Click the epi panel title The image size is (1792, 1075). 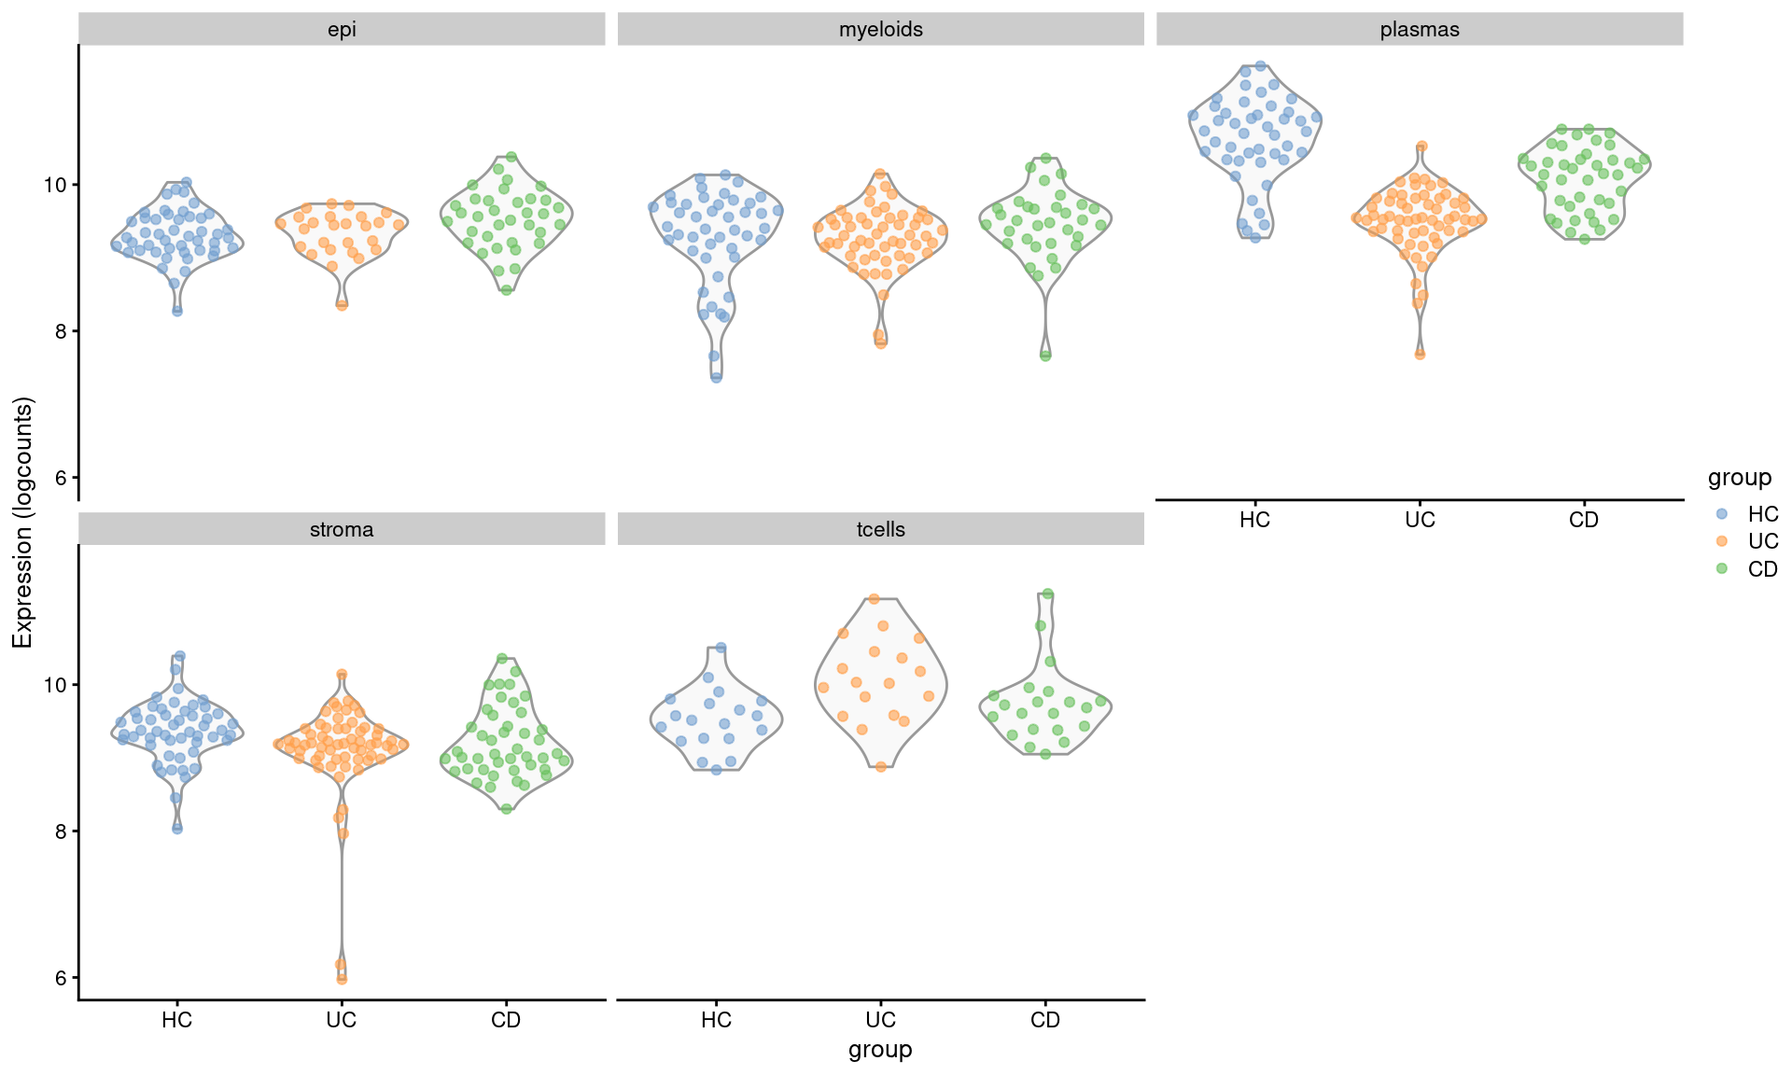tap(342, 30)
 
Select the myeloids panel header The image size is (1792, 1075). tap(880, 30)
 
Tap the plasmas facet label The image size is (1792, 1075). tap(1419, 30)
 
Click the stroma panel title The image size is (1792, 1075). tap(342, 530)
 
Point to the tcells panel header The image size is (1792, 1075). tap(880, 530)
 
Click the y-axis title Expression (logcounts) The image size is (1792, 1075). tap(22, 523)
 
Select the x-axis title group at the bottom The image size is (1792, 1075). tap(880, 1050)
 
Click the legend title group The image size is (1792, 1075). tap(1739, 478)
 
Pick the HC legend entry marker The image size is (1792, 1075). tap(1722, 514)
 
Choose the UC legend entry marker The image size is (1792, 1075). tap(1722, 541)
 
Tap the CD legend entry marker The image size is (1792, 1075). tap(1722, 568)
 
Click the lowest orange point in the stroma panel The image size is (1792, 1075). tap(342, 979)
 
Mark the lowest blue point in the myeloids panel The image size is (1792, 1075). tap(716, 377)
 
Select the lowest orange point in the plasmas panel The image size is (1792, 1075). tap(1420, 354)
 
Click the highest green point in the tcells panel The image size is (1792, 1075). tap(1047, 593)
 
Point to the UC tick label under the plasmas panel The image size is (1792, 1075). tap(1420, 520)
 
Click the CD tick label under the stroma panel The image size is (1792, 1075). tap(506, 1020)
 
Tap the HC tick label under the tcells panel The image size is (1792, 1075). tap(716, 1020)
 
